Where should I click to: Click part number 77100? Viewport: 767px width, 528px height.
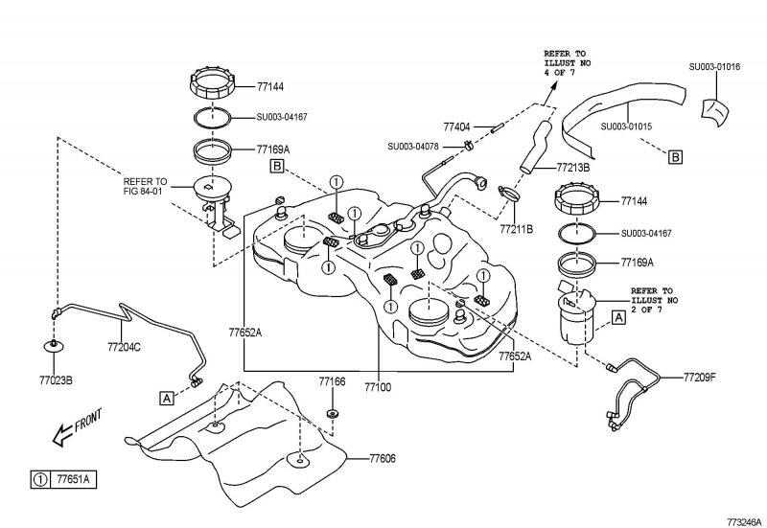[x=378, y=387]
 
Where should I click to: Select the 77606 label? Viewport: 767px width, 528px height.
[x=383, y=459]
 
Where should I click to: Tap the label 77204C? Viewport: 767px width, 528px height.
[x=125, y=347]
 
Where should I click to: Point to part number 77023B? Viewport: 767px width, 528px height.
[x=56, y=379]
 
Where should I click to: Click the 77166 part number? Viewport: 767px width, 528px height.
[x=332, y=381]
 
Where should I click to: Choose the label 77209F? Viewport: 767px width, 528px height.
[x=700, y=377]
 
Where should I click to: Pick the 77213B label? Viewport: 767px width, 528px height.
[x=573, y=167]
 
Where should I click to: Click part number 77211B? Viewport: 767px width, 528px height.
[x=517, y=228]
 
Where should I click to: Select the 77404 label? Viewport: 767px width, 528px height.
[x=456, y=127]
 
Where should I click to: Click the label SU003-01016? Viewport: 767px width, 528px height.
[x=714, y=67]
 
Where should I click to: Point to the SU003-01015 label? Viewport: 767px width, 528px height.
[x=627, y=126]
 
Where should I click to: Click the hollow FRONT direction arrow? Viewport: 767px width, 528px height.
[x=62, y=435]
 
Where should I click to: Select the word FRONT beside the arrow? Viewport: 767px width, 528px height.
[x=88, y=421]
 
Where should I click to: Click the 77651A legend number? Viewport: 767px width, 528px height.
[x=74, y=479]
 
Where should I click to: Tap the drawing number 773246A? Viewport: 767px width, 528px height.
[x=744, y=521]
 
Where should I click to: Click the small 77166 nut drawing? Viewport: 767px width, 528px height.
[x=332, y=414]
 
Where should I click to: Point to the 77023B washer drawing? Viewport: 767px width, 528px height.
[x=54, y=346]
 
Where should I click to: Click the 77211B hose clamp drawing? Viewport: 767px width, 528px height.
[x=509, y=194]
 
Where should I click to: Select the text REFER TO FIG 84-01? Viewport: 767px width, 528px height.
[x=145, y=186]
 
